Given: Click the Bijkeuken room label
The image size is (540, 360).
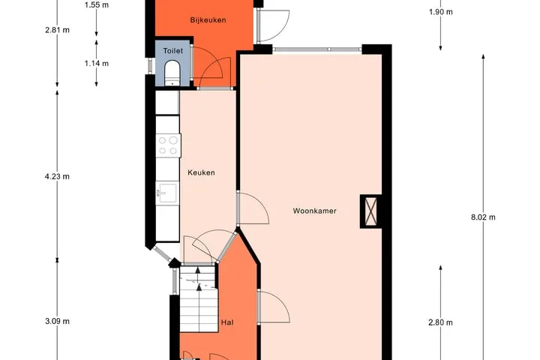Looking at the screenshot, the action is [208, 20].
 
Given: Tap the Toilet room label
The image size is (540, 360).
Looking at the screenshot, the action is [173, 51].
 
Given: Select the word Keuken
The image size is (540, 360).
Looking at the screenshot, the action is [201, 172].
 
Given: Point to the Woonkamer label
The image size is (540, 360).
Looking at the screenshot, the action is [314, 211].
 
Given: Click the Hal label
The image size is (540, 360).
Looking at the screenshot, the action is [227, 322].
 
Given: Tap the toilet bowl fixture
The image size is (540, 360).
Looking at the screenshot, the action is [172, 73].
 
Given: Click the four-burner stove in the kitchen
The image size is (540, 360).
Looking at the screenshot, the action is [168, 145].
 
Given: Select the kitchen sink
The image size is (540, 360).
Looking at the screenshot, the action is [167, 193].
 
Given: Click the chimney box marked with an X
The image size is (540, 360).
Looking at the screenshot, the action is [370, 211].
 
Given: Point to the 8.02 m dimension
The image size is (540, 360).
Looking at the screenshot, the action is [483, 217].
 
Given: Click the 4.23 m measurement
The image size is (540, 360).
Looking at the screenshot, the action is [57, 176].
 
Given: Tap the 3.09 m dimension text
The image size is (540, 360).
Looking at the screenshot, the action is [57, 321].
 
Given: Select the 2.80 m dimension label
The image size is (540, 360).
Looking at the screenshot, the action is [440, 322].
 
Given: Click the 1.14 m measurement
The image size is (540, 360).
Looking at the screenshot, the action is [97, 64].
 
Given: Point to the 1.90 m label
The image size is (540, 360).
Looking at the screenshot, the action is [440, 12].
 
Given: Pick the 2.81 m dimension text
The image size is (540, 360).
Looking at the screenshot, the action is [57, 30].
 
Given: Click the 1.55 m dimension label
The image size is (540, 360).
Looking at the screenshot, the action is [97, 4].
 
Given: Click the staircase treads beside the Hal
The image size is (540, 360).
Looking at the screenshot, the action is [199, 298].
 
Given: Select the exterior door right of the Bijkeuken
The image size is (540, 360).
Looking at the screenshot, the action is [273, 25].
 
